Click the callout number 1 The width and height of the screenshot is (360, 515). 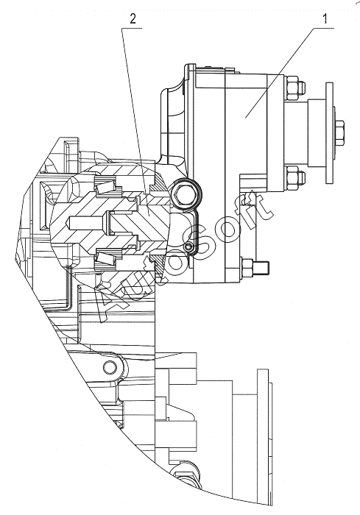pyautogui.click(x=325, y=19)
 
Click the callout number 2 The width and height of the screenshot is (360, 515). pyautogui.click(x=133, y=19)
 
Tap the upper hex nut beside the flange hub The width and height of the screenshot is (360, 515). pyautogui.click(x=293, y=88)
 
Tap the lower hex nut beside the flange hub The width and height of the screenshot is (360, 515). pyautogui.click(x=294, y=178)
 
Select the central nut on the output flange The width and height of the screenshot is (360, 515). pyautogui.click(x=339, y=132)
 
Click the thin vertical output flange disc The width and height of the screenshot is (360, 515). pyautogui.click(x=329, y=132)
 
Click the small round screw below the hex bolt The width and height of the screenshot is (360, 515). pyautogui.click(x=188, y=247)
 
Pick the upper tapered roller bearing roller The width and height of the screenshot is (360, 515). pyautogui.click(x=105, y=187)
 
